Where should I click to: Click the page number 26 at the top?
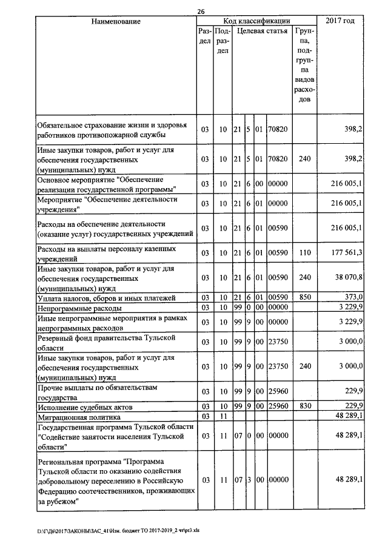[x=201, y=11]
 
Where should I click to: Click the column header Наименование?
[x=116, y=22]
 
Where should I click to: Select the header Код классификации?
[x=256, y=21]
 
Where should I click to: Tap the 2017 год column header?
[x=340, y=22]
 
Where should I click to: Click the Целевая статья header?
[x=262, y=30]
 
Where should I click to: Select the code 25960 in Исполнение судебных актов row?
[x=278, y=406]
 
